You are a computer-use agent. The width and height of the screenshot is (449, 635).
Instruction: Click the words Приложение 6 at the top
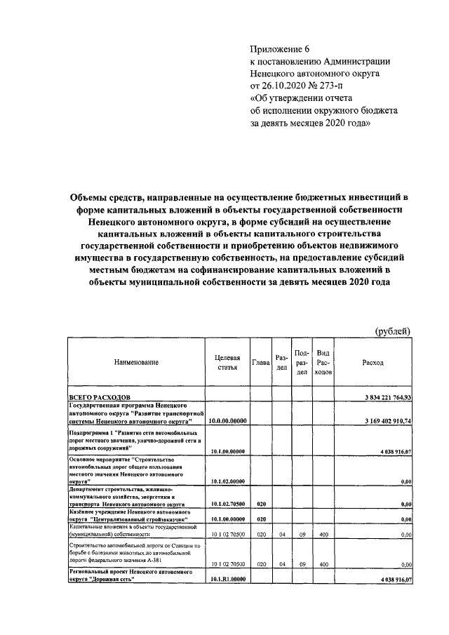280,48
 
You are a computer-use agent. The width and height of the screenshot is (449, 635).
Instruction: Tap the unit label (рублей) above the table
394,330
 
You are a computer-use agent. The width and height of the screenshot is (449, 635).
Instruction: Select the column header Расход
373,362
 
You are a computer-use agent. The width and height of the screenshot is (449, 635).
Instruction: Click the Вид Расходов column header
323,362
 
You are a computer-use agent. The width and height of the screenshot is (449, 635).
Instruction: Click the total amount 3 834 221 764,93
384,398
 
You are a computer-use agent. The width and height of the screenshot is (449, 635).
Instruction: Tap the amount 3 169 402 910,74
384,421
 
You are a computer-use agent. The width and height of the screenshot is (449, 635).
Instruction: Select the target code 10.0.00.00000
228,421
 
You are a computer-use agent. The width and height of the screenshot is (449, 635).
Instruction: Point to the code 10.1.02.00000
228,481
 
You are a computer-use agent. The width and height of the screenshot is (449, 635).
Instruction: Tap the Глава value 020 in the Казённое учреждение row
260,519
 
